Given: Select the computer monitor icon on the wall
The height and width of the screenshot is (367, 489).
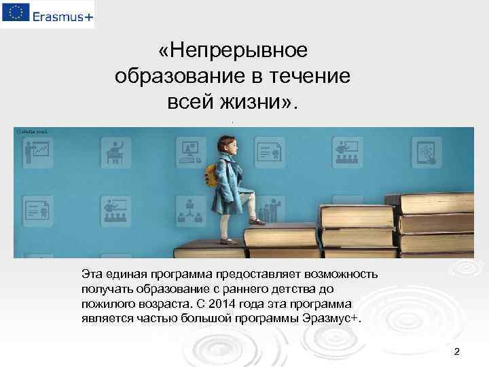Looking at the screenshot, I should coord(187,147).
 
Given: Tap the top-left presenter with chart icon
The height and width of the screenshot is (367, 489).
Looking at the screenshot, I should coord(35,149).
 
